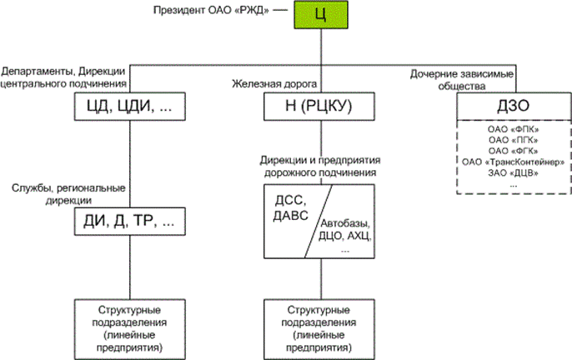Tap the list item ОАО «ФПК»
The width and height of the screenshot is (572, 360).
pyautogui.click(x=514, y=131)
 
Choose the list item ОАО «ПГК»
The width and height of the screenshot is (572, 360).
pyautogui.click(x=514, y=141)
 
